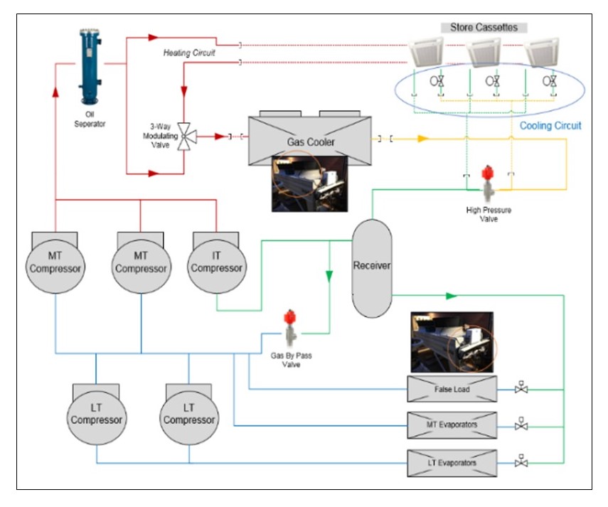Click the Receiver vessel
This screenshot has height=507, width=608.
pyautogui.click(x=372, y=267)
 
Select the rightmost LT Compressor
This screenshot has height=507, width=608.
pyautogui.click(x=189, y=415)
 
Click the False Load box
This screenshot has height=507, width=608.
pyautogui.click(x=452, y=389)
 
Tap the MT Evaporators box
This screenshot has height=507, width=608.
pyautogui.click(x=452, y=425)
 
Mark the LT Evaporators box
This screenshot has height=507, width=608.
pyautogui.click(x=452, y=463)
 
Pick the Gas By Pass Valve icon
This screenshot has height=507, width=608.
pyautogui.click(x=289, y=329)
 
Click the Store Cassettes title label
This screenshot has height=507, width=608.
pyautogui.click(x=484, y=28)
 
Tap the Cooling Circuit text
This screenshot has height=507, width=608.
pyautogui.click(x=550, y=126)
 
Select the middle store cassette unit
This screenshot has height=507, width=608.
pyautogui.click(x=484, y=51)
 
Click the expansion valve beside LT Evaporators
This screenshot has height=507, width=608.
pyautogui.click(x=522, y=462)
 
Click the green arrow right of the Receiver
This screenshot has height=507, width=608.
pyautogui.click(x=450, y=294)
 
